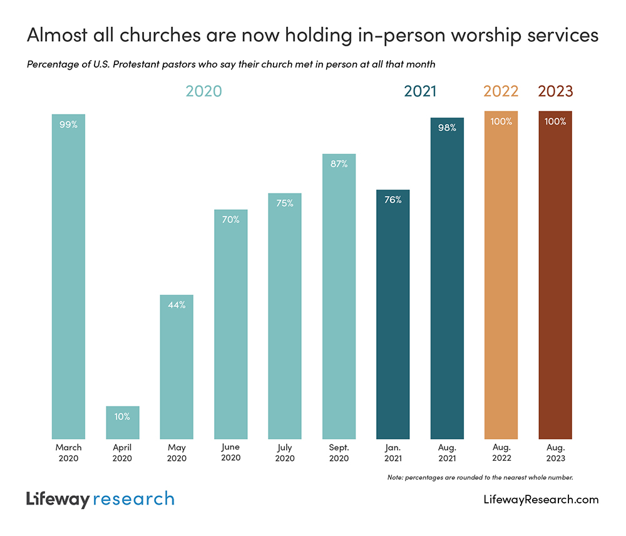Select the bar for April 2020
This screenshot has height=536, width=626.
coord(122,423)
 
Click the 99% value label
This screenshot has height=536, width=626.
coord(68,125)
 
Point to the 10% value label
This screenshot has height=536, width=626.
coord(122,416)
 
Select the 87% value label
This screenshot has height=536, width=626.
coord(339,163)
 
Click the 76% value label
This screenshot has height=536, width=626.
coord(393,200)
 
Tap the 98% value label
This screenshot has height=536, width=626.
coord(447,128)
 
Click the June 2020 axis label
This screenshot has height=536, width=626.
coord(230,453)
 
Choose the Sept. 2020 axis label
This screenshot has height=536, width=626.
coord(339,453)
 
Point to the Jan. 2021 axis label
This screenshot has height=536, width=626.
coord(393,453)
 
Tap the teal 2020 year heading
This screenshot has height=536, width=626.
coord(203,91)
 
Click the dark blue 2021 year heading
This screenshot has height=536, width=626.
coord(420,91)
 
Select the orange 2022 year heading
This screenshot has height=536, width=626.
coord(501,91)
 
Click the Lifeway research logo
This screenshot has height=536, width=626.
coord(100,499)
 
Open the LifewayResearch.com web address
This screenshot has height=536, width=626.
coord(541,500)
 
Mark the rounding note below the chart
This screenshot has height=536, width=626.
coord(480,478)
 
